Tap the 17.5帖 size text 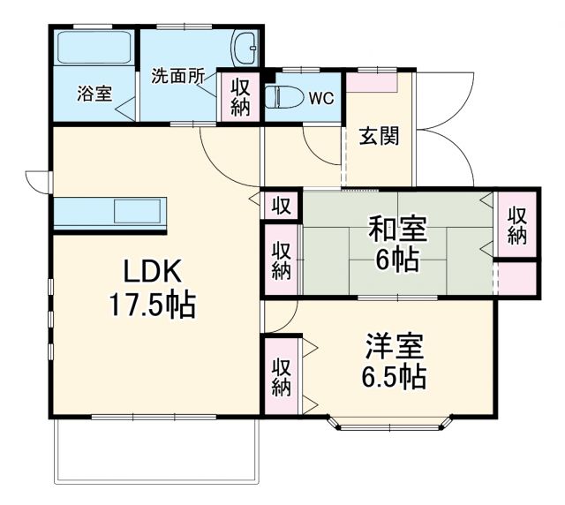click(152, 305)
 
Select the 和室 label click(397, 230)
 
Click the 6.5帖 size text click(394, 377)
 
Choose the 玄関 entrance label click(379, 137)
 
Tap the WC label click(320, 98)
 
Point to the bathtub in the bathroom click(94, 48)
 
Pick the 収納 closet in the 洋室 click(282, 376)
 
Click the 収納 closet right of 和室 click(517, 225)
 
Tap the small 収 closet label click(280, 206)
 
